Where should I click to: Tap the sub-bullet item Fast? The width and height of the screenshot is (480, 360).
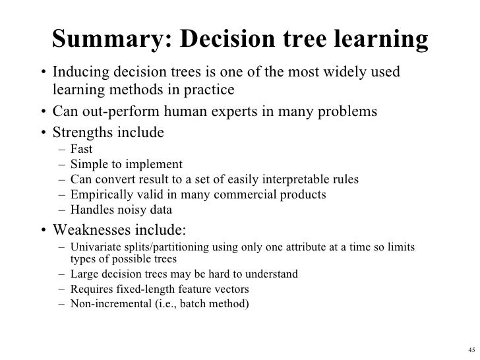82,150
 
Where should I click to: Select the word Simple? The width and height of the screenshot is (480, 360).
86,164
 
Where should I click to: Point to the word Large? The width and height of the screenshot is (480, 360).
83,274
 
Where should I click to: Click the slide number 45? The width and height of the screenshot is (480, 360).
469,349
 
